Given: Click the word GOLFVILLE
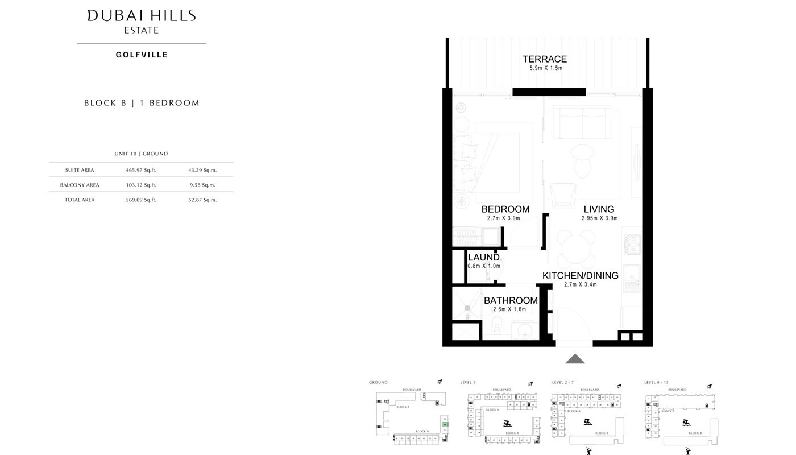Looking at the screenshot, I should (x=142, y=55).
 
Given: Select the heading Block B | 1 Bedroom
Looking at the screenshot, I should (x=142, y=103).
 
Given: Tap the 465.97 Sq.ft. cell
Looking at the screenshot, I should (x=141, y=170).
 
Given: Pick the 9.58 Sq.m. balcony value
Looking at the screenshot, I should (x=202, y=185).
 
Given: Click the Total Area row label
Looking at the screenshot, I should (x=80, y=200).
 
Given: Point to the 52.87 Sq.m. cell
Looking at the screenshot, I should (x=202, y=200).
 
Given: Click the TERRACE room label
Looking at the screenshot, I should (x=545, y=59).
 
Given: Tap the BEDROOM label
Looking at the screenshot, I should (x=505, y=209).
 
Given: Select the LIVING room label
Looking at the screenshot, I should (x=599, y=209).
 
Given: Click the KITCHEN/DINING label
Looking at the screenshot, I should (x=580, y=276).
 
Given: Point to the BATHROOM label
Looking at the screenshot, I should (x=511, y=301).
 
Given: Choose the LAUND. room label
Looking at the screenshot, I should (x=484, y=258).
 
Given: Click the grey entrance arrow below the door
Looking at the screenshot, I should (x=575, y=358).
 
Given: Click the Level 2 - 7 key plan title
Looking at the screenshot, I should (x=566, y=383).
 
